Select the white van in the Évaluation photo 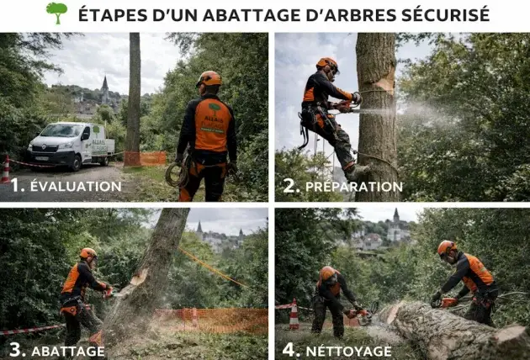tap(71, 145)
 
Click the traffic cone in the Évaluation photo tap(6, 168)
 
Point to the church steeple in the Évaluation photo tap(104, 85)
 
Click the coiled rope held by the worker tap(178, 173)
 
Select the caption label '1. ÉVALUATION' tap(66, 185)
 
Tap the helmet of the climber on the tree tap(326, 64)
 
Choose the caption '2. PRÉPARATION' tap(342, 185)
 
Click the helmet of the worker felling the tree tap(87, 253)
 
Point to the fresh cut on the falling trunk tap(137, 278)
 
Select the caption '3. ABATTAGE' tap(57, 349)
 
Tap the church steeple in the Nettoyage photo tap(395, 217)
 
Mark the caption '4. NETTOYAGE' tap(337, 349)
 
